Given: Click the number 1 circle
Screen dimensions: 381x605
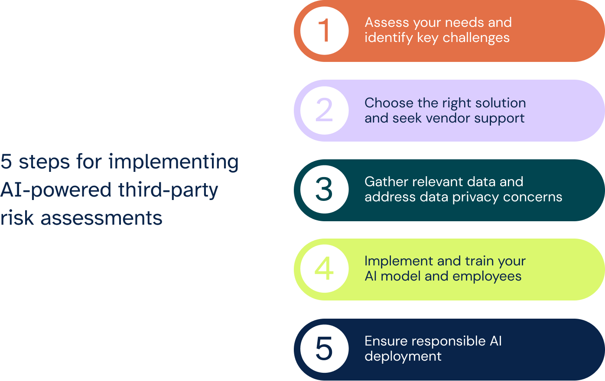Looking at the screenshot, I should (x=324, y=31).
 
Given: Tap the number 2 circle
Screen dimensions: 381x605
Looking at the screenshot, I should (x=324, y=110).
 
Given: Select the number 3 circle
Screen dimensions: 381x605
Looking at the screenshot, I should (x=324, y=190).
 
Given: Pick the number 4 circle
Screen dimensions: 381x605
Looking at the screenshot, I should (x=324, y=269).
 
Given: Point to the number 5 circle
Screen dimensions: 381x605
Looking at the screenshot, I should (x=324, y=349).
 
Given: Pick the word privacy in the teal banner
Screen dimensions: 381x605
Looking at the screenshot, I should (x=475, y=197).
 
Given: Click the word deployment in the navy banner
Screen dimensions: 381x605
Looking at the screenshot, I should (x=403, y=356).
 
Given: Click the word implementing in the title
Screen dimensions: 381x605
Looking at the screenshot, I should (x=173, y=162).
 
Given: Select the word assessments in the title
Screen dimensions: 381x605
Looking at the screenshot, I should (x=101, y=218).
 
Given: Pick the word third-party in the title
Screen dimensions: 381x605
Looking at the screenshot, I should (x=168, y=190).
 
